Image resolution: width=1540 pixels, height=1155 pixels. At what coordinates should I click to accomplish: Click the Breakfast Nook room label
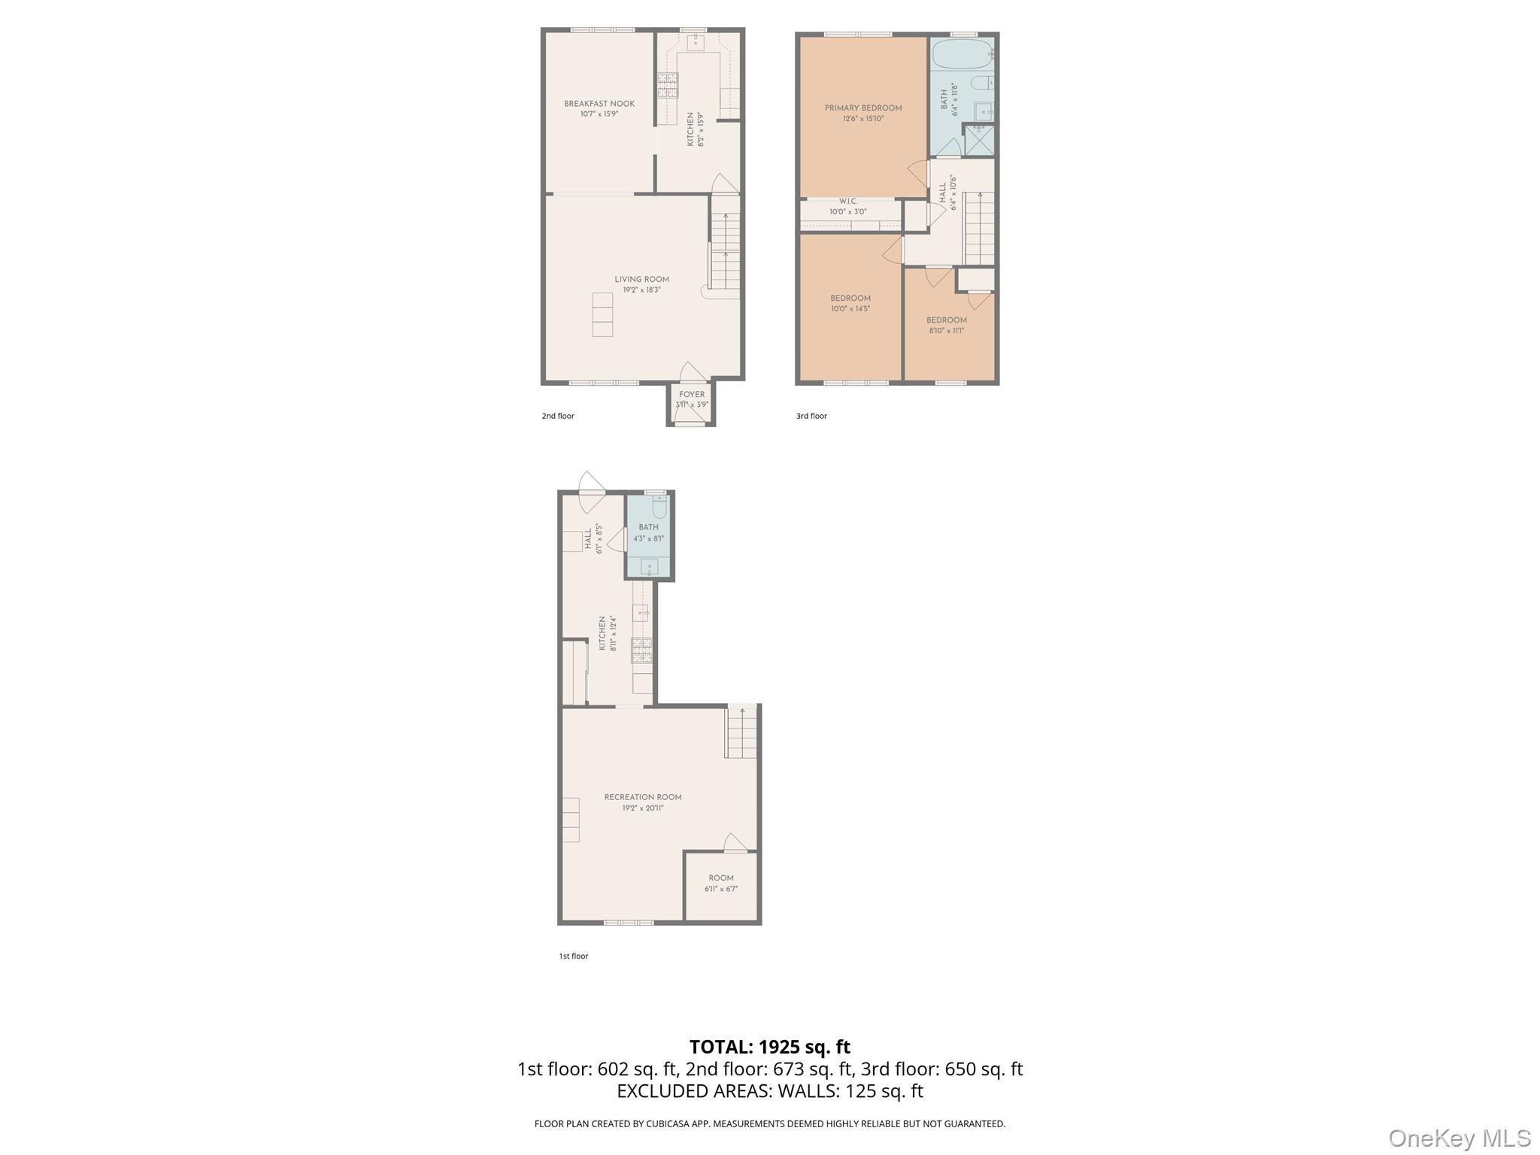click(599, 104)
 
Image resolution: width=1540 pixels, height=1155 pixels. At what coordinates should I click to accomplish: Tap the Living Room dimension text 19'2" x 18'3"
click(641, 290)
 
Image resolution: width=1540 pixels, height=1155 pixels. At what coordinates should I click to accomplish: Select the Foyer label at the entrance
click(692, 394)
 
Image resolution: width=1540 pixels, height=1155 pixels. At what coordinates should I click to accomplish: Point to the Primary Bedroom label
click(862, 108)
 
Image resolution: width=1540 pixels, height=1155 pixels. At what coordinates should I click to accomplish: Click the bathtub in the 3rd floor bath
click(962, 54)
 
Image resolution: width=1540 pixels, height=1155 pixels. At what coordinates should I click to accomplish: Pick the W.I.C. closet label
click(848, 202)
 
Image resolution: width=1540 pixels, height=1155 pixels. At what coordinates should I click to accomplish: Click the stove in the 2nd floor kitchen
click(668, 85)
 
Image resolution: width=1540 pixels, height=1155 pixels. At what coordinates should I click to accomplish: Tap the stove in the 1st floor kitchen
click(641, 649)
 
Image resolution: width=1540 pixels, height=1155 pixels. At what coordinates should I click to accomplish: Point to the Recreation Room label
click(643, 797)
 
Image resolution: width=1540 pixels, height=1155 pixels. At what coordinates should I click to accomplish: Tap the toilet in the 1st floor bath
click(659, 508)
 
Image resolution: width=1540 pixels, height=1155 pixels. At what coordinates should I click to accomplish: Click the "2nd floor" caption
click(558, 416)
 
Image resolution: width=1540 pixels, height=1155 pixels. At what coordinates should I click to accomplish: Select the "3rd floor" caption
click(811, 416)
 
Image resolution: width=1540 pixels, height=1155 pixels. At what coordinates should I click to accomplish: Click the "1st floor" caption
click(573, 956)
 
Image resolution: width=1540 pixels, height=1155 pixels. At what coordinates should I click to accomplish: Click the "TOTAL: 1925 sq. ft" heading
click(769, 1047)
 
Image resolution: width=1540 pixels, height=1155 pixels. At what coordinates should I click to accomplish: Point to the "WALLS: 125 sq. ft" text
click(850, 1090)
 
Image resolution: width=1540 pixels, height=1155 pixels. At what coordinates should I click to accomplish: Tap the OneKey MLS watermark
click(1459, 1138)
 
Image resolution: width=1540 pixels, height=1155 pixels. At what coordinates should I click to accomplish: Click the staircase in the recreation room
click(741, 733)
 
